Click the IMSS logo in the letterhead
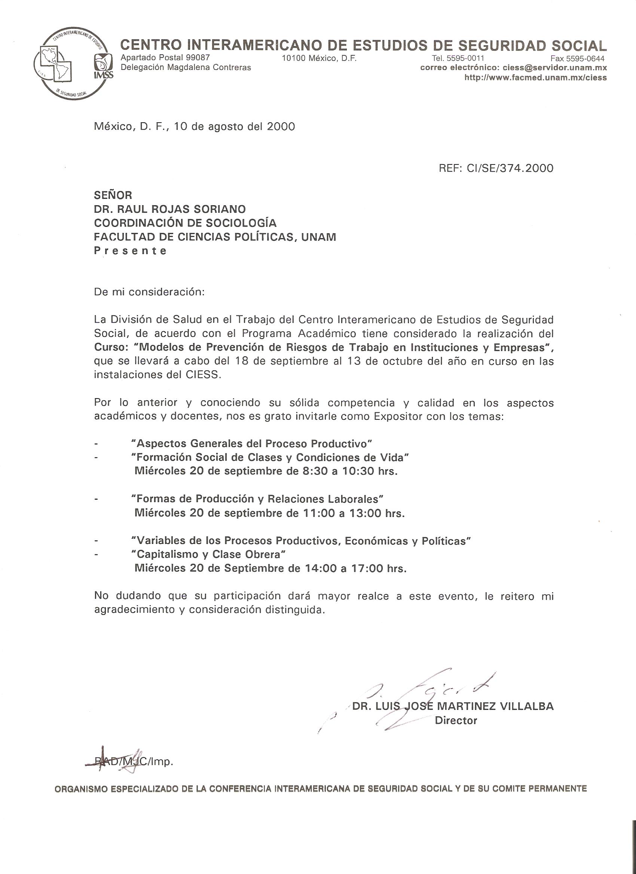pos(103,66)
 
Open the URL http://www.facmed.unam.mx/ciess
pos(535,77)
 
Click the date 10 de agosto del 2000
pos(235,126)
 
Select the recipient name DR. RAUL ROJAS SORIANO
pos(170,209)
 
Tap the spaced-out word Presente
pos(130,251)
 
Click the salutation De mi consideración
pos(149,292)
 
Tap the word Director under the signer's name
pos(456,721)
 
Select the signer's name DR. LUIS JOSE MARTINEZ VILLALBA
pos(453,707)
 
